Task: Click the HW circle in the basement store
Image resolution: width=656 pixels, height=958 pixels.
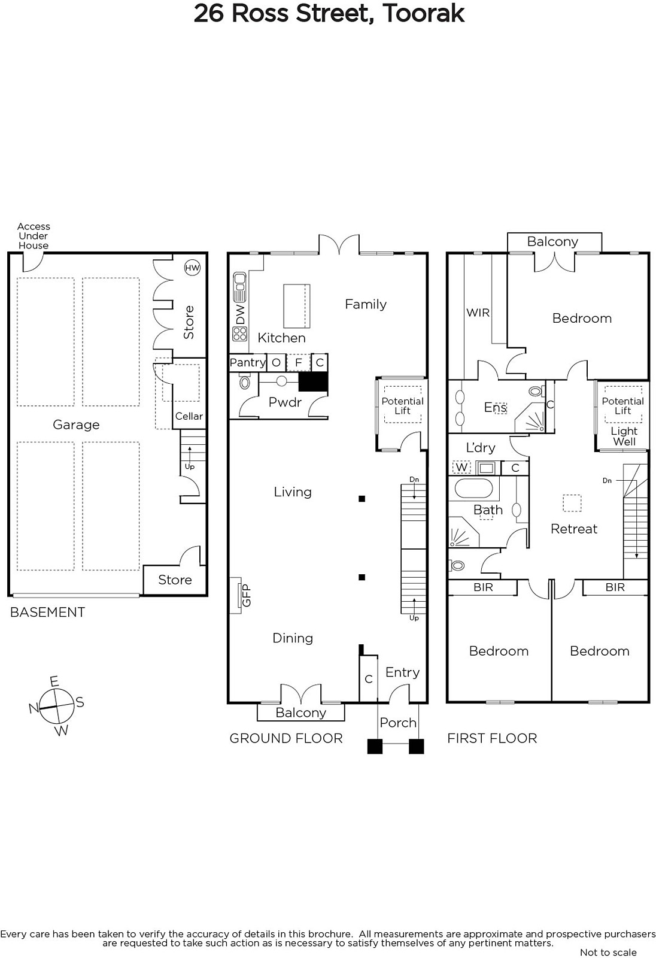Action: point(192,268)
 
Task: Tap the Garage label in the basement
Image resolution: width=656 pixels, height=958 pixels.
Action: point(76,425)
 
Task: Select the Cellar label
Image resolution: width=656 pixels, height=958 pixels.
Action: point(189,416)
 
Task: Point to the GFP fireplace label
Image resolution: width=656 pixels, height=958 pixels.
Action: point(246,595)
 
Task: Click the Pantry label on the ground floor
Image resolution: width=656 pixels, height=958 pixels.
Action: point(247,362)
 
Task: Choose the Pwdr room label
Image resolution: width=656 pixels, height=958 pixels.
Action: point(285,402)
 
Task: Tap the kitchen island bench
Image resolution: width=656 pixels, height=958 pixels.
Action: point(297,305)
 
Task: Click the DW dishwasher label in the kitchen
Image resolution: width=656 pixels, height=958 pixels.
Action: point(240,314)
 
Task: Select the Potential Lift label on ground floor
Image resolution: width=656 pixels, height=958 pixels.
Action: point(402,405)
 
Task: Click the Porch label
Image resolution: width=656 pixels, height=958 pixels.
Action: point(398,723)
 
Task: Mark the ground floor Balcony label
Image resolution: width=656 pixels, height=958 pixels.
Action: point(300,713)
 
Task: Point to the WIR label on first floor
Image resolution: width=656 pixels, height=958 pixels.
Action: point(478,313)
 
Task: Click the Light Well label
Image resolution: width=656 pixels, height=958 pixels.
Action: point(624,436)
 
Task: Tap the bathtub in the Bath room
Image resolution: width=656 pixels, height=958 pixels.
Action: point(473,489)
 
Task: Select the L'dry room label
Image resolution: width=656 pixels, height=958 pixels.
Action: point(480,447)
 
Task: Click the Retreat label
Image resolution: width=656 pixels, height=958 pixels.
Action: point(573,529)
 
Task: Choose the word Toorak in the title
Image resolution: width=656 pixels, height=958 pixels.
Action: point(423,13)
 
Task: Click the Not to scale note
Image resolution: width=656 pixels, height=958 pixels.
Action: point(608,952)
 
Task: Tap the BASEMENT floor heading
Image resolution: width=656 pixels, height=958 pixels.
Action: point(48,612)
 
